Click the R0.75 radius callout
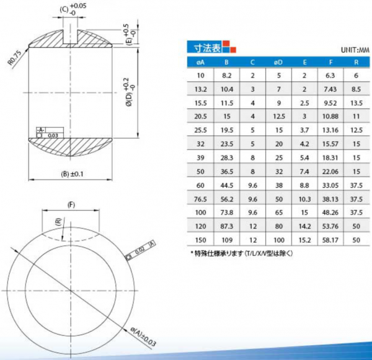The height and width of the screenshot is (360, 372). point(14,58)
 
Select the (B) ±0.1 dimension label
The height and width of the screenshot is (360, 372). point(72,174)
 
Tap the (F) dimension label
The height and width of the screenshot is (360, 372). point(71,204)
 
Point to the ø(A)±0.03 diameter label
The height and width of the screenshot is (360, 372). point(143,336)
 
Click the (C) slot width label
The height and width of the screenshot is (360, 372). point(64,10)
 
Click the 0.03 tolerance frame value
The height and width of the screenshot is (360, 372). point(53,136)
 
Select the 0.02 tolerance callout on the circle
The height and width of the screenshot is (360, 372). point(139,250)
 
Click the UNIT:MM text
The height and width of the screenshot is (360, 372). point(355,50)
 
